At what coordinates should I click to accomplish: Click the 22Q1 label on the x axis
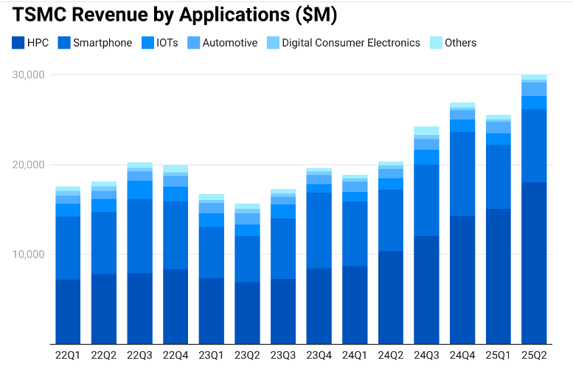(68, 354)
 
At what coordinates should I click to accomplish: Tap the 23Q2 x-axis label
(247, 354)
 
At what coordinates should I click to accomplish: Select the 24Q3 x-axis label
(426, 354)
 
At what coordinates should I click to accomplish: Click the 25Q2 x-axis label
(534, 354)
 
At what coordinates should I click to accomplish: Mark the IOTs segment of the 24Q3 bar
(426, 157)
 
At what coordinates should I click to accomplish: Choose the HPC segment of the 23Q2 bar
(247, 313)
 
